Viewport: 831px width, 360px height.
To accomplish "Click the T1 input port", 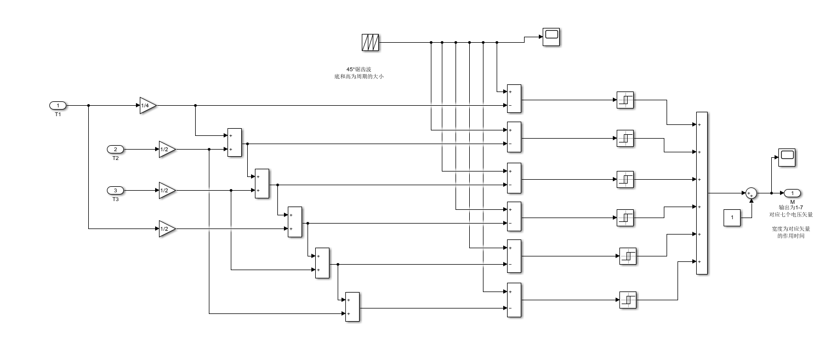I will coord(58,105).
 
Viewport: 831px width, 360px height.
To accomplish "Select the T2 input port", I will coord(115,149).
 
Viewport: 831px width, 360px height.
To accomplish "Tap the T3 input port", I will coord(115,190).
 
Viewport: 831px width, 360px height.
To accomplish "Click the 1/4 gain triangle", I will coord(147,105).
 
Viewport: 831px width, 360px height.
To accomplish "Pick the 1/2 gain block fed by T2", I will coord(167,149).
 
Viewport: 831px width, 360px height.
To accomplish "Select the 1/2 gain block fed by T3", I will coord(167,190).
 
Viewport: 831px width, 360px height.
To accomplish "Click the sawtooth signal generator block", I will coord(371,42).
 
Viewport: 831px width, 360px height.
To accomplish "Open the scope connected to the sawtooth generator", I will coord(551,37).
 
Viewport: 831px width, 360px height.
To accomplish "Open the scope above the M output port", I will coord(787,157).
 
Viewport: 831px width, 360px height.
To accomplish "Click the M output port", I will coord(792,193).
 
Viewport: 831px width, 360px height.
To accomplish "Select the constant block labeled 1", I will coord(731,218).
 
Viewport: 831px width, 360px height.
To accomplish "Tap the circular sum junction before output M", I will coord(751,193).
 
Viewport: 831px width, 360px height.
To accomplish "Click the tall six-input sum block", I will coord(702,193).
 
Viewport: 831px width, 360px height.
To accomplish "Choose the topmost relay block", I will coord(625,100).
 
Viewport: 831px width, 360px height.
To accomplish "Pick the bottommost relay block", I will coord(628,300).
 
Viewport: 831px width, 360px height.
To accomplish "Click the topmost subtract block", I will coord(514,99).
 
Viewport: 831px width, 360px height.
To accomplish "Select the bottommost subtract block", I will coord(514,300).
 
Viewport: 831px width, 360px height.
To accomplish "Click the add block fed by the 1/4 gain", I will coord(234,142).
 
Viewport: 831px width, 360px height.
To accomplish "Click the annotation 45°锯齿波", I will coord(358,70).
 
